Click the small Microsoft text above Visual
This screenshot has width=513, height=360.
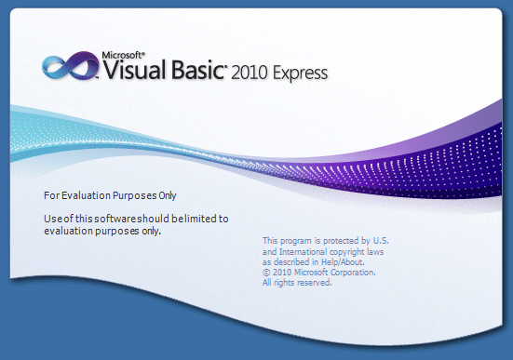[121, 54]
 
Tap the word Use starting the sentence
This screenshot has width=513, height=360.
[53, 219]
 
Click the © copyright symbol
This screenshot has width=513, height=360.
[266, 273]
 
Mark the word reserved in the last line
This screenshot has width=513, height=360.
[313, 283]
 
